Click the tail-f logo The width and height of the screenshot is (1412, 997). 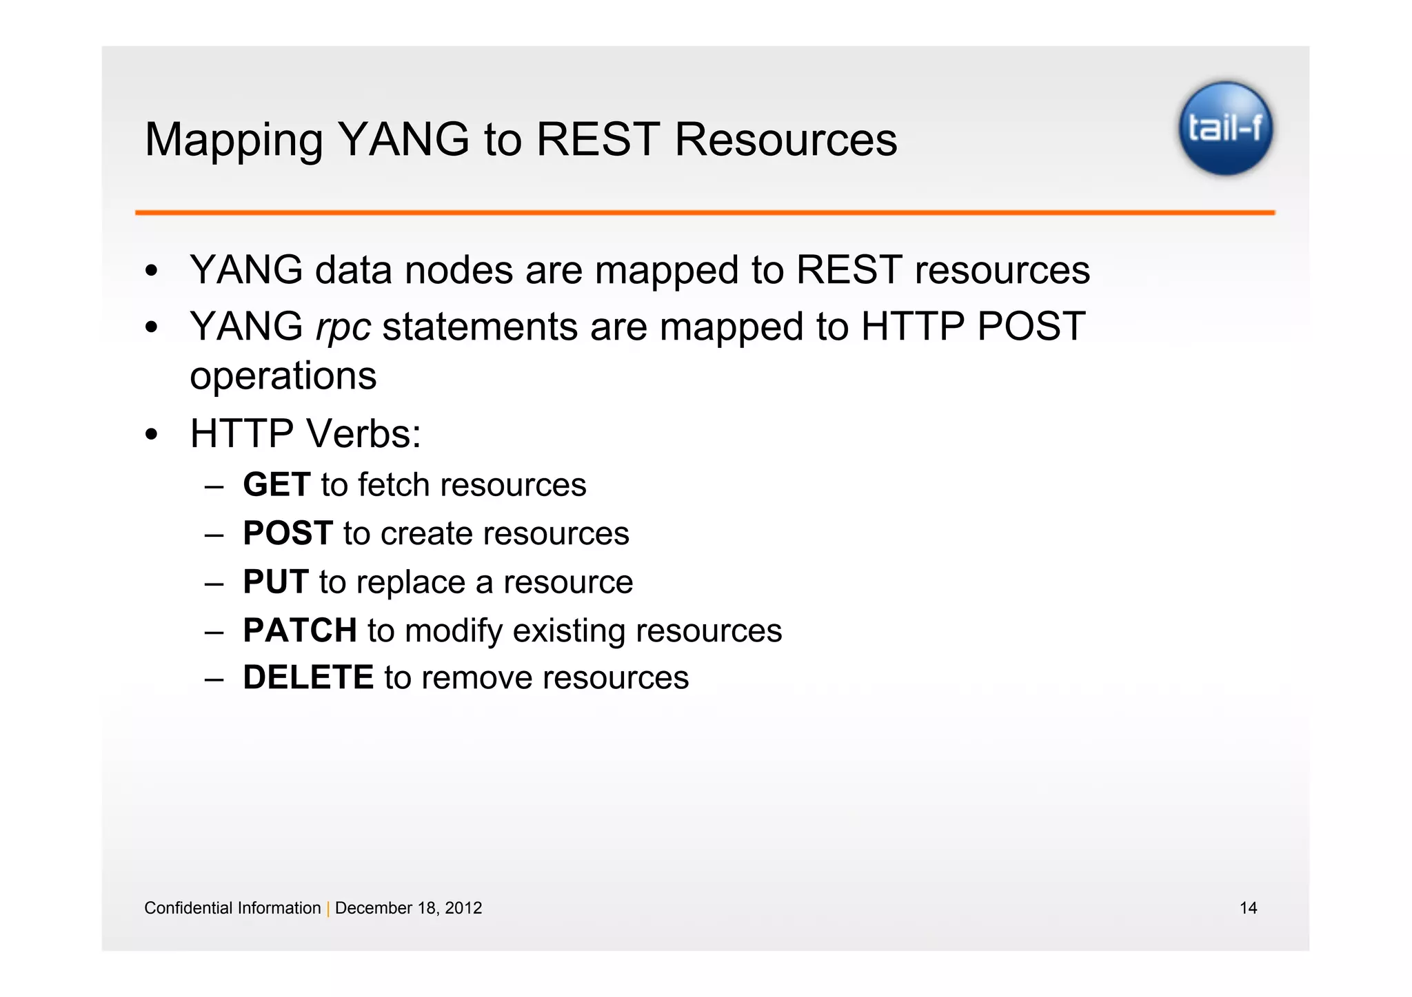click(x=1225, y=128)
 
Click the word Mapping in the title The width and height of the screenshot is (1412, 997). click(x=233, y=141)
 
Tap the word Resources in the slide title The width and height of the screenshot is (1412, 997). click(x=785, y=140)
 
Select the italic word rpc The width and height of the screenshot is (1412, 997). click(x=343, y=327)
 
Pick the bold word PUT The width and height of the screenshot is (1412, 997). click(x=275, y=582)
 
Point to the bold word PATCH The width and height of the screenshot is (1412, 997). click(x=299, y=630)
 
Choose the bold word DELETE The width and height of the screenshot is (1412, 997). click(x=308, y=677)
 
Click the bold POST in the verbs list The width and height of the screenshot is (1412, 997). click(x=288, y=533)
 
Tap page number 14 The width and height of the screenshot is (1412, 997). click(x=1248, y=908)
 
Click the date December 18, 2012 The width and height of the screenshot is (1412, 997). click(x=408, y=908)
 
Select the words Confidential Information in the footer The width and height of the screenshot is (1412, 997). click(x=232, y=908)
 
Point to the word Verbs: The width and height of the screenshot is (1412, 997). click(x=363, y=434)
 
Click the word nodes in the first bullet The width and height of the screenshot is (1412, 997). click(x=458, y=270)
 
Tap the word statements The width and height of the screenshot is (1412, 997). click(x=480, y=327)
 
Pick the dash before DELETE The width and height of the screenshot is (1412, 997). click(x=214, y=679)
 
